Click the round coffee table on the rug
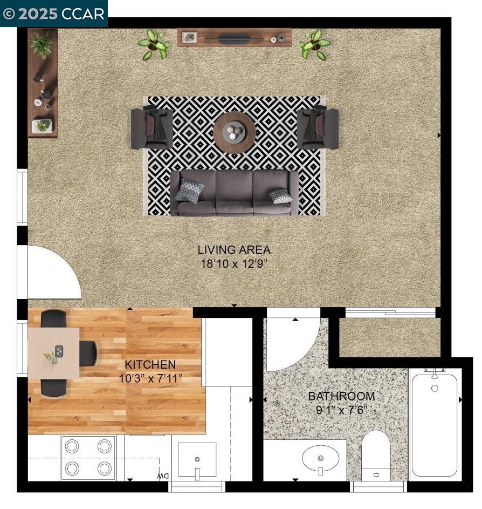pyautogui.click(x=234, y=132)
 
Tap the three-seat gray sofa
pyautogui.click(x=234, y=193)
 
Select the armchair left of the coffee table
pyautogui.click(x=152, y=128)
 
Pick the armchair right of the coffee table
pyautogui.click(x=318, y=128)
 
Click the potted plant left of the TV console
pyautogui.click(x=154, y=44)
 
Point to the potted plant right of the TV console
pyautogui.click(x=315, y=44)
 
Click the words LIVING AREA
pyautogui.click(x=234, y=249)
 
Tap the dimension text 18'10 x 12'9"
pyautogui.click(x=234, y=263)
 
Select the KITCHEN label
pyautogui.click(x=150, y=364)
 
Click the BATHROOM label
pyautogui.click(x=341, y=396)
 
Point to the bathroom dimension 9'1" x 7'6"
pyautogui.click(x=341, y=410)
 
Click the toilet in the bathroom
pyautogui.click(x=376, y=455)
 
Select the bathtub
pyautogui.click(x=435, y=424)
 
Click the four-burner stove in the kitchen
pyautogui.click(x=88, y=458)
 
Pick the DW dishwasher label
pyautogui.click(x=163, y=476)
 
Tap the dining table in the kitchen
pyautogui.click(x=53, y=353)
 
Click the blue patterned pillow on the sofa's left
pyautogui.click(x=190, y=191)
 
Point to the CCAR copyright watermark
pyautogui.click(x=53, y=13)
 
